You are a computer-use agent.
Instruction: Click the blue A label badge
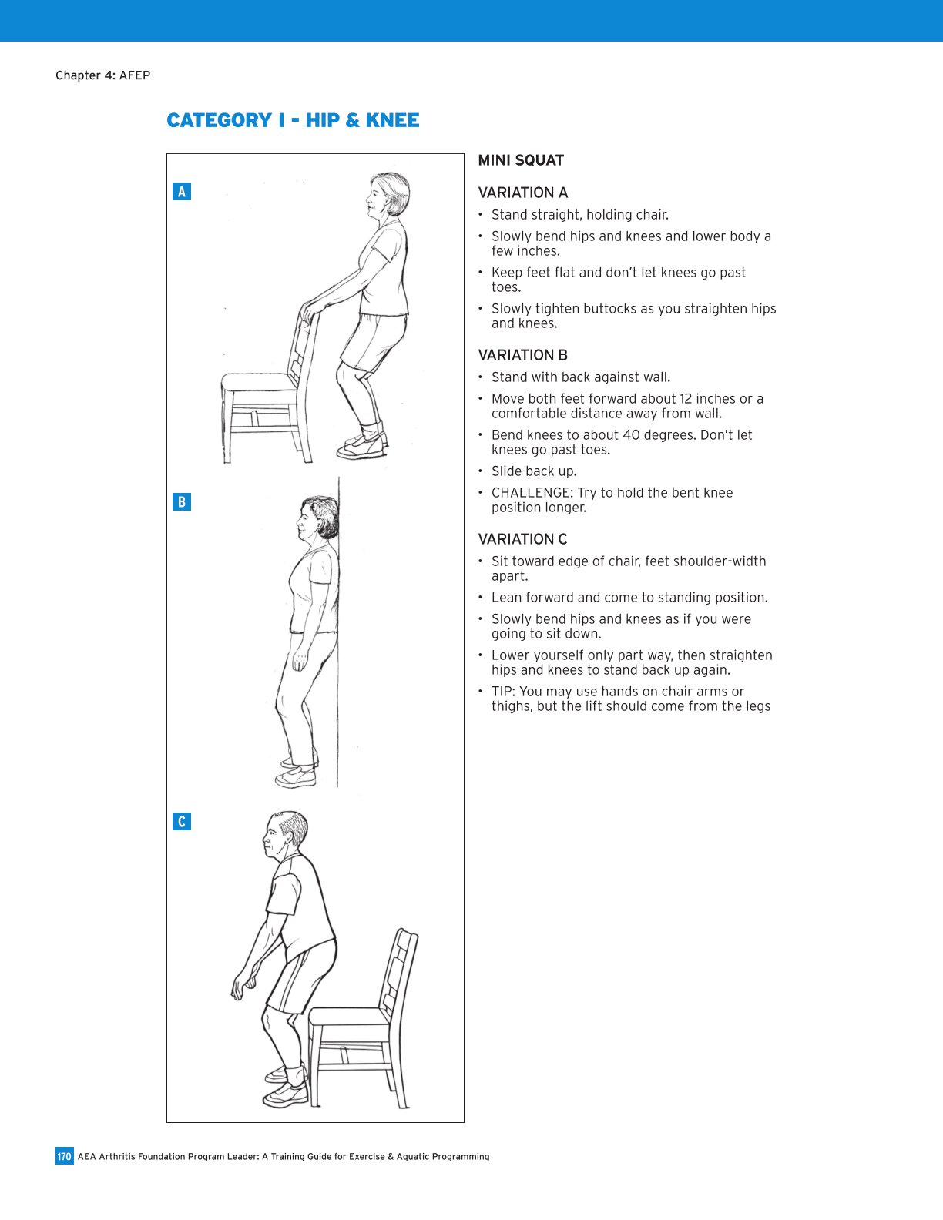[182, 191]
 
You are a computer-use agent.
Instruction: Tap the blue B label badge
[182, 502]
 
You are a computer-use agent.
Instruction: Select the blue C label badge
[182, 821]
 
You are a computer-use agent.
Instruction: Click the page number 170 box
[64, 1156]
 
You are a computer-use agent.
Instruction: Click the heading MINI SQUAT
[521, 160]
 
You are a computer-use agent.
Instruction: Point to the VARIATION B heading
[522, 355]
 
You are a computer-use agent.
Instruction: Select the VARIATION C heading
[522, 539]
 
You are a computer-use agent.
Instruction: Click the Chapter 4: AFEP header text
[102, 75]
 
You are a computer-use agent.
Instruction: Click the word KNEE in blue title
[392, 121]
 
